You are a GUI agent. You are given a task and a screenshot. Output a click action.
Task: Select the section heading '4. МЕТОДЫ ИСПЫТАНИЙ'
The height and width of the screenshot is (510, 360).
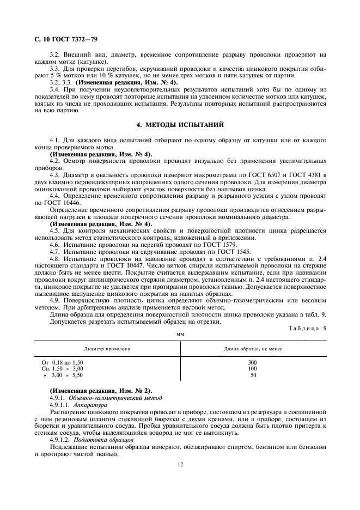[x=180, y=125]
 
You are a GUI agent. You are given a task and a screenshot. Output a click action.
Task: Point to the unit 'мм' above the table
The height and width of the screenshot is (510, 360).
[x=180, y=333]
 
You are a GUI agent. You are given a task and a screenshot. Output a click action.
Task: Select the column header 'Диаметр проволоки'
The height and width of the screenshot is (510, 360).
[x=107, y=348]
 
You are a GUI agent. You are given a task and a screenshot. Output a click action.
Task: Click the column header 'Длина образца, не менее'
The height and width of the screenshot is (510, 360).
[x=253, y=348]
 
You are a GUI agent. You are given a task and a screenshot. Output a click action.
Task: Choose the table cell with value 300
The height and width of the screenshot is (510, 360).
[x=252, y=362]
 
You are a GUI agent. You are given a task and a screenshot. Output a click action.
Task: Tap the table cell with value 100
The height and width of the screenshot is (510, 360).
[x=252, y=368]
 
